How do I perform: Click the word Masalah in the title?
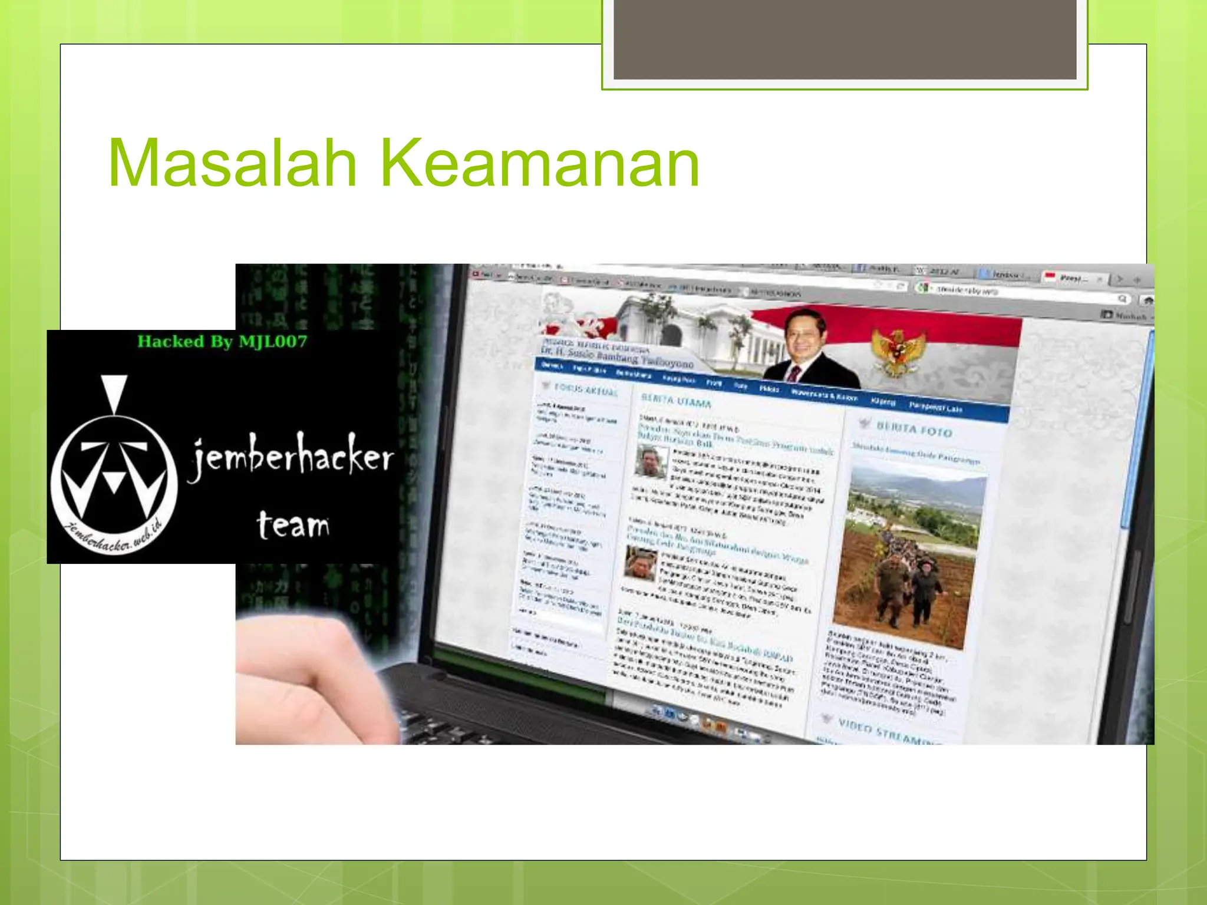pyautogui.click(x=233, y=163)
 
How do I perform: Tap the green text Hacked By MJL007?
pyautogui.click(x=222, y=342)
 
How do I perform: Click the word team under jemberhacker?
pyautogui.click(x=293, y=524)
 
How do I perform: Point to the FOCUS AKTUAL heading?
pyautogui.click(x=586, y=389)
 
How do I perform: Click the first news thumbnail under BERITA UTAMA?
pyautogui.click(x=651, y=462)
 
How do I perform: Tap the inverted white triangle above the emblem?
pyautogui.click(x=114, y=392)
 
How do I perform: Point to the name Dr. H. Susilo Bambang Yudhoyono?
pyautogui.click(x=616, y=357)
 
